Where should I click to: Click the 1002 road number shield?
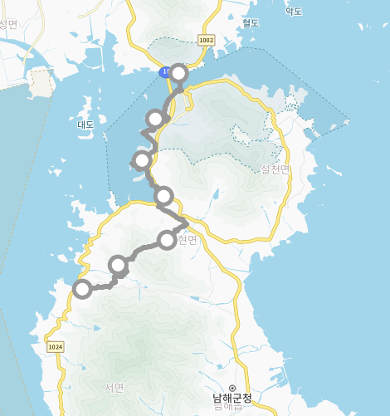[207, 40]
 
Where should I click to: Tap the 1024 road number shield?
[56, 347]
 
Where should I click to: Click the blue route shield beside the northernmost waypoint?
[165, 73]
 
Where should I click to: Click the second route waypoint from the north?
[155, 119]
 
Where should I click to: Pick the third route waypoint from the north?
[142, 159]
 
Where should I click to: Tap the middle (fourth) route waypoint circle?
[163, 196]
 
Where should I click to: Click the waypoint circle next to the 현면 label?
[167, 241]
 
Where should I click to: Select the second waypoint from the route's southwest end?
[119, 265]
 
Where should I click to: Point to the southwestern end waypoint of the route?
[81, 289]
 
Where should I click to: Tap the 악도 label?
[294, 12]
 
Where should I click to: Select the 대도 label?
[86, 125]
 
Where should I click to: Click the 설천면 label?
[275, 169]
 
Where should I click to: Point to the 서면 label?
[114, 388]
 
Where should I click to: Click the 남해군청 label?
[232, 399]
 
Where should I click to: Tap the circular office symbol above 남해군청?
[232, 388]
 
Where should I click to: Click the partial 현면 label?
[188, 240]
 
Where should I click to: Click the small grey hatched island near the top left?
[39, 81]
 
